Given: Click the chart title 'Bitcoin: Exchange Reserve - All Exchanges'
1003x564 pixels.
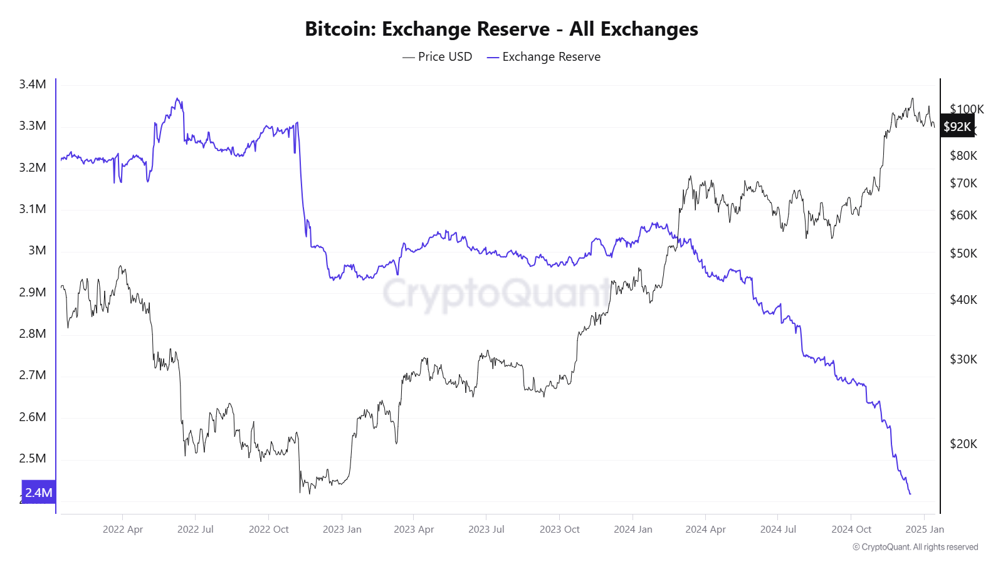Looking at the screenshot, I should [x=501, y=29].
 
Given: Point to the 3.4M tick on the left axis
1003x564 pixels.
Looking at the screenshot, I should [x=33, y=85].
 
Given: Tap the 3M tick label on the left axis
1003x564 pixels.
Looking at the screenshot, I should [x=37, y=251].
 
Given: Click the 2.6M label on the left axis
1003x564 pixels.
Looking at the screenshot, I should [x=33, y=417].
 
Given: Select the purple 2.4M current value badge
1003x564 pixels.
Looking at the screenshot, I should [x=38, y=493].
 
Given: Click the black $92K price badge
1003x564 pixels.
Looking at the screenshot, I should [x=957, y=127].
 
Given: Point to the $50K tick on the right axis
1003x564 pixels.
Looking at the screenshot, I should [x=964, y=254].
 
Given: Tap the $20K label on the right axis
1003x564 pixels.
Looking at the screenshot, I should [x=964, y=444].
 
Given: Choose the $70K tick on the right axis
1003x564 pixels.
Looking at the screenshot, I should [x=964, y=184].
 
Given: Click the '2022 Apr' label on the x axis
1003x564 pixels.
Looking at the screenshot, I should [x=123, y=530].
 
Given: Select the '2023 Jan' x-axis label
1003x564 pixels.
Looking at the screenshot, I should [x=342, y=530].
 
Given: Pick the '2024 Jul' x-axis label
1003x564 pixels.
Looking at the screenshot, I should [x=778, y=530].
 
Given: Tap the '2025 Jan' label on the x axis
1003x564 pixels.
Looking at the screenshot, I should [x=925, y=530].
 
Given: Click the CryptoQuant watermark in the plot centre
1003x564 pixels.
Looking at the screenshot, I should [x=495, y=293].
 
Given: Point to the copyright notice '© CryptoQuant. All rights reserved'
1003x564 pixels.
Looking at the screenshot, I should [x=915, y=547].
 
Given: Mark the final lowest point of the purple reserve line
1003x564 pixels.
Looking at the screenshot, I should [x=910, y=494].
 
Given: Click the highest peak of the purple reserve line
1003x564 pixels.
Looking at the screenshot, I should [x=177, y=98].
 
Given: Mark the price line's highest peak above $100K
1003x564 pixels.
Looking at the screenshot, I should [x=912, y=98].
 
